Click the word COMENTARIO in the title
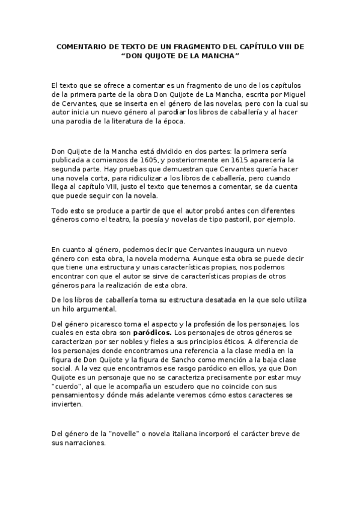point(81,46)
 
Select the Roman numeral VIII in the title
point(290,46)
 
